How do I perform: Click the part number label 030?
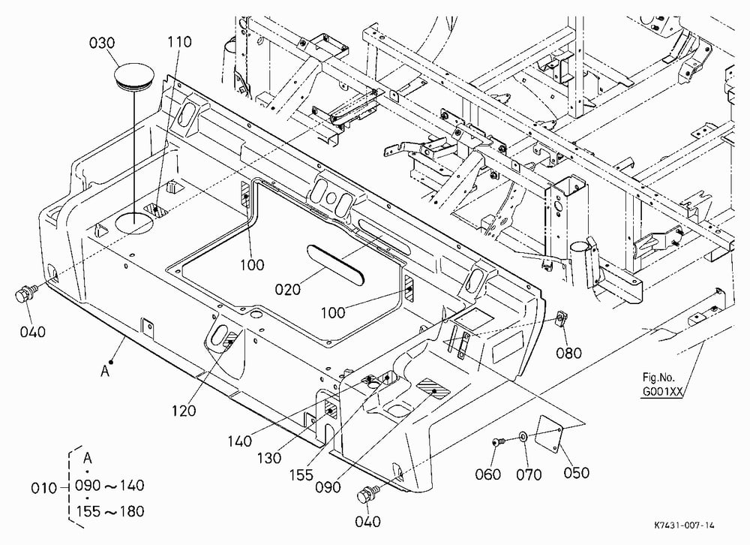[102, 43]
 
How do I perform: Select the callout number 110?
[179, 42]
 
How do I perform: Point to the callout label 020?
[287, 289]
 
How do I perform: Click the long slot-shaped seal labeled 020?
[336, 263]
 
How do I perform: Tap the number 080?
[568, 353]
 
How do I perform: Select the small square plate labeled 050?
[550, 433]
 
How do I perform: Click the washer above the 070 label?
[523, 436]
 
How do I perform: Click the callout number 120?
[184, 411]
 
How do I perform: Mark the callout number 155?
[301, 475]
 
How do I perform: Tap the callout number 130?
[269, 459]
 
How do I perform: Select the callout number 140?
[239, 441]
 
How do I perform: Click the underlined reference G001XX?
[662, 392]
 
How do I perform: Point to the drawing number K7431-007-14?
[684, 525]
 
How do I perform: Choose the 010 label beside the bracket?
[43, 488]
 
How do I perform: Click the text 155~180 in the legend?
[110, 511]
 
